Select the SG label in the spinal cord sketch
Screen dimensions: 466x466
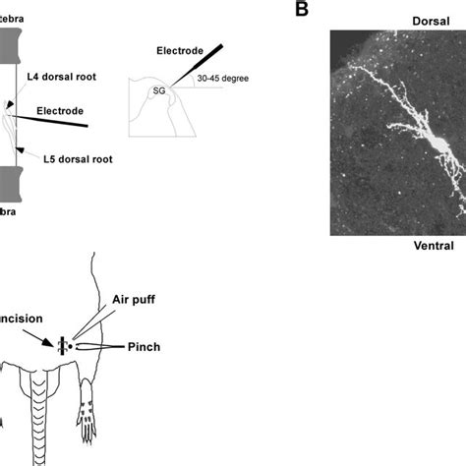point(157,90)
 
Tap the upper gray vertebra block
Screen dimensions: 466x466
point(12,43)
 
